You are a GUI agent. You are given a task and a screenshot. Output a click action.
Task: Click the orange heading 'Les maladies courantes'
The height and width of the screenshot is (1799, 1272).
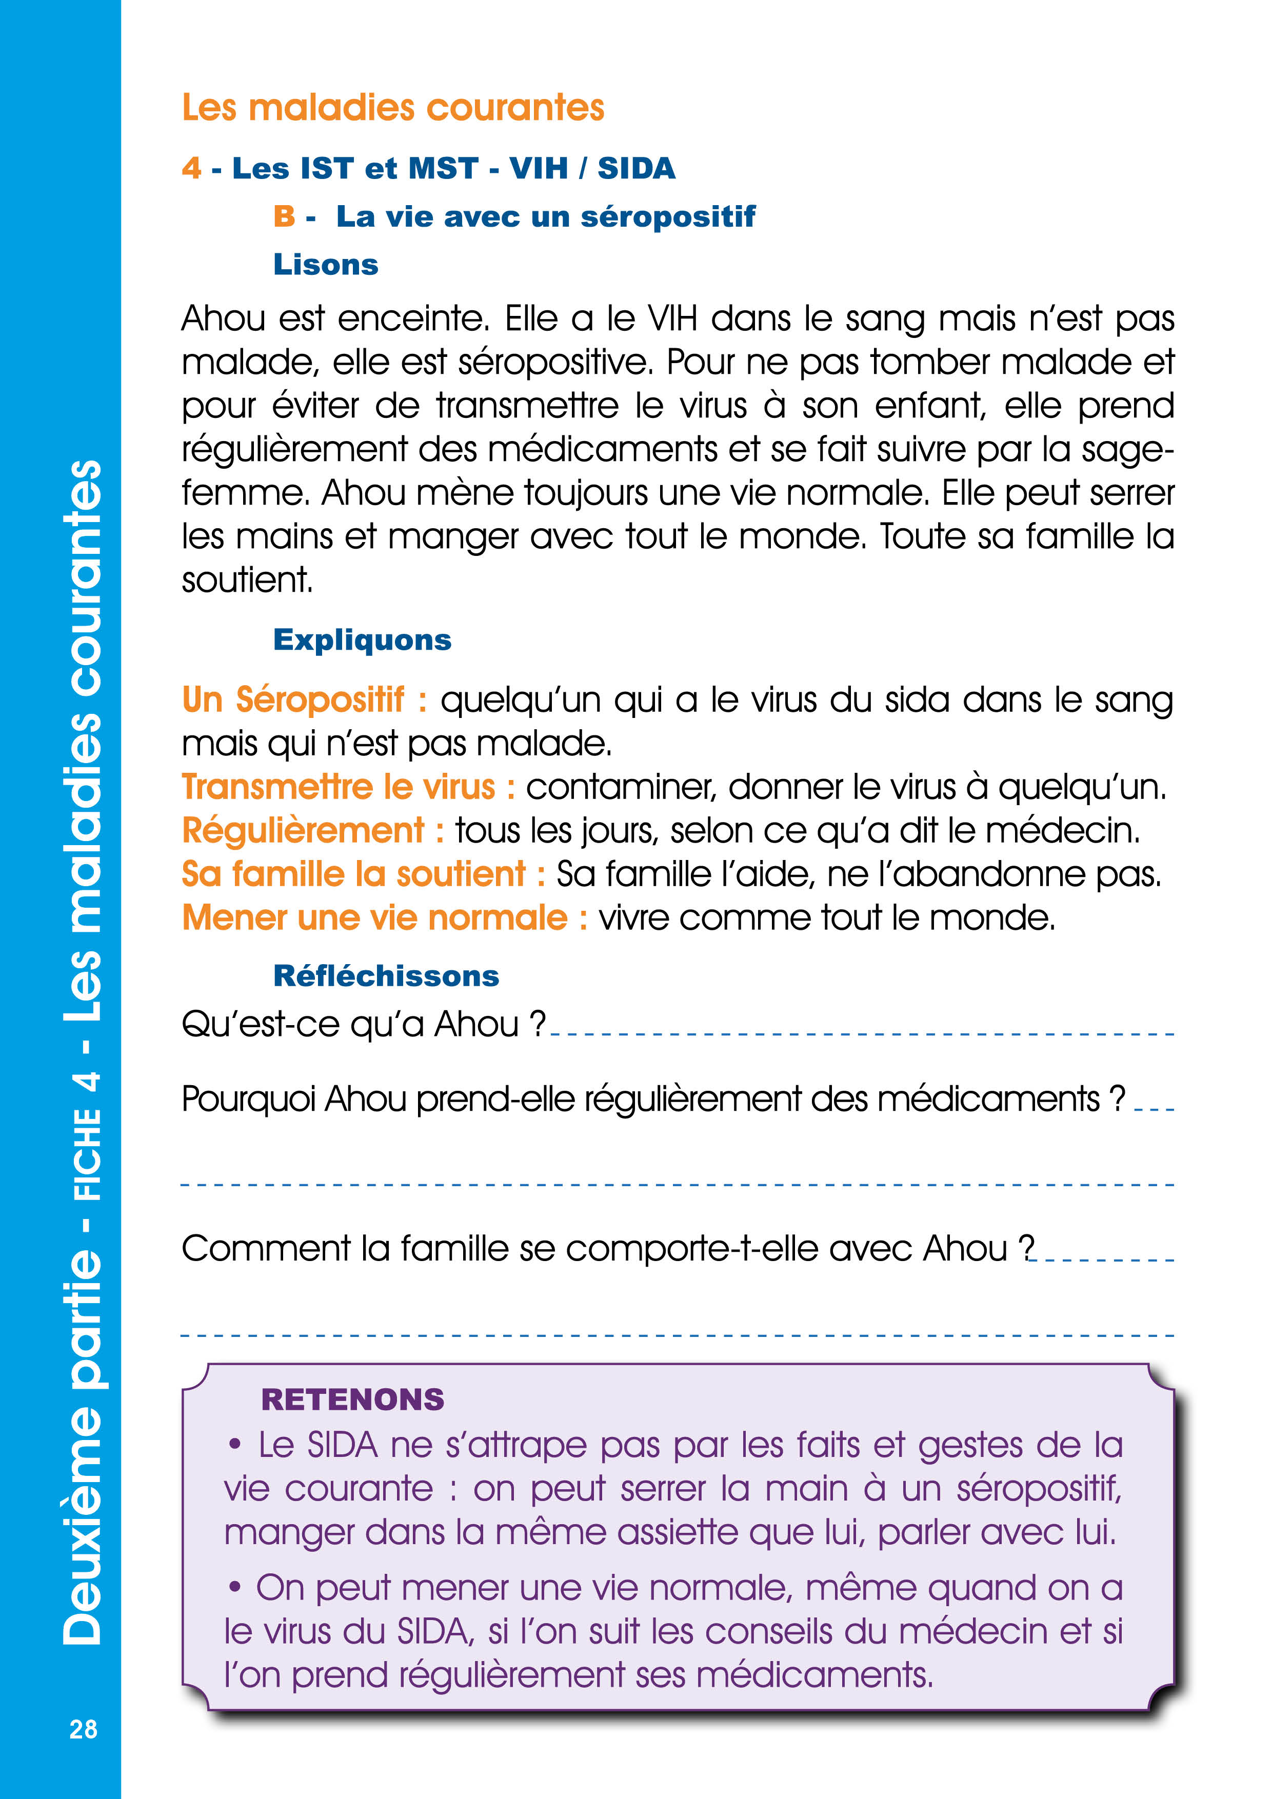pyautogui.click(x=393, y=107)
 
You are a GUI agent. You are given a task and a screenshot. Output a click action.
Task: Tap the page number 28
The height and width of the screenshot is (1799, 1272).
pyautogui.click(x=83, y=1729)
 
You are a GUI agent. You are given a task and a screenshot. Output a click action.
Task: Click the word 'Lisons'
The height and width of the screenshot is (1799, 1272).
pyautogui.click(x=325, y=265)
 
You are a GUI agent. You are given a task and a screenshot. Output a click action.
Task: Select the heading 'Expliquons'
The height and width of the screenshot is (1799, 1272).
pyautogui.click(x=362, y=640)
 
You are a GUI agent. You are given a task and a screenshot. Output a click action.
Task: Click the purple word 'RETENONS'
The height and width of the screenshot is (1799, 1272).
pyautogui.click(x=353, y=1400)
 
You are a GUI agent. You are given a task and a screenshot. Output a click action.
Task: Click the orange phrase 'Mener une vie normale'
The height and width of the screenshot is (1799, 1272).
pyautogui.click(x=374, y=917)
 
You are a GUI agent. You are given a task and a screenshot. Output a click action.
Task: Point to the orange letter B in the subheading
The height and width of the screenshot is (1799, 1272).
pyautogui.click(x=284, y=216)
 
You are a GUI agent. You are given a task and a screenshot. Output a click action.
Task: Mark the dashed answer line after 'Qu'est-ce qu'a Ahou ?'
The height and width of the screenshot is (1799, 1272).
pyautogui.click(x=862, y=1034)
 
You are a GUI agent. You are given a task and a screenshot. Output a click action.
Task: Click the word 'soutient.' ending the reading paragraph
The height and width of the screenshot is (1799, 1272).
pyautogui.click(x=247, y=581)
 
